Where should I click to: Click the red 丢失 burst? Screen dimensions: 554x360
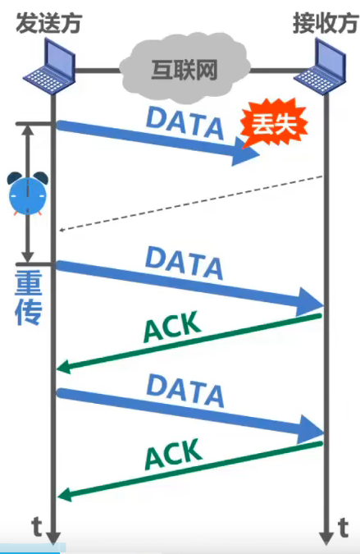click(273, 126)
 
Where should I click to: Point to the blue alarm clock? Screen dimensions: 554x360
click(28, 194)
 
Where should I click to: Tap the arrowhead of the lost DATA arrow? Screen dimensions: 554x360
click(246, 151)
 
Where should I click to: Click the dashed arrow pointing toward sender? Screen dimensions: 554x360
click(189, 204)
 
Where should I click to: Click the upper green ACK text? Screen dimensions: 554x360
click(171, 327)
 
